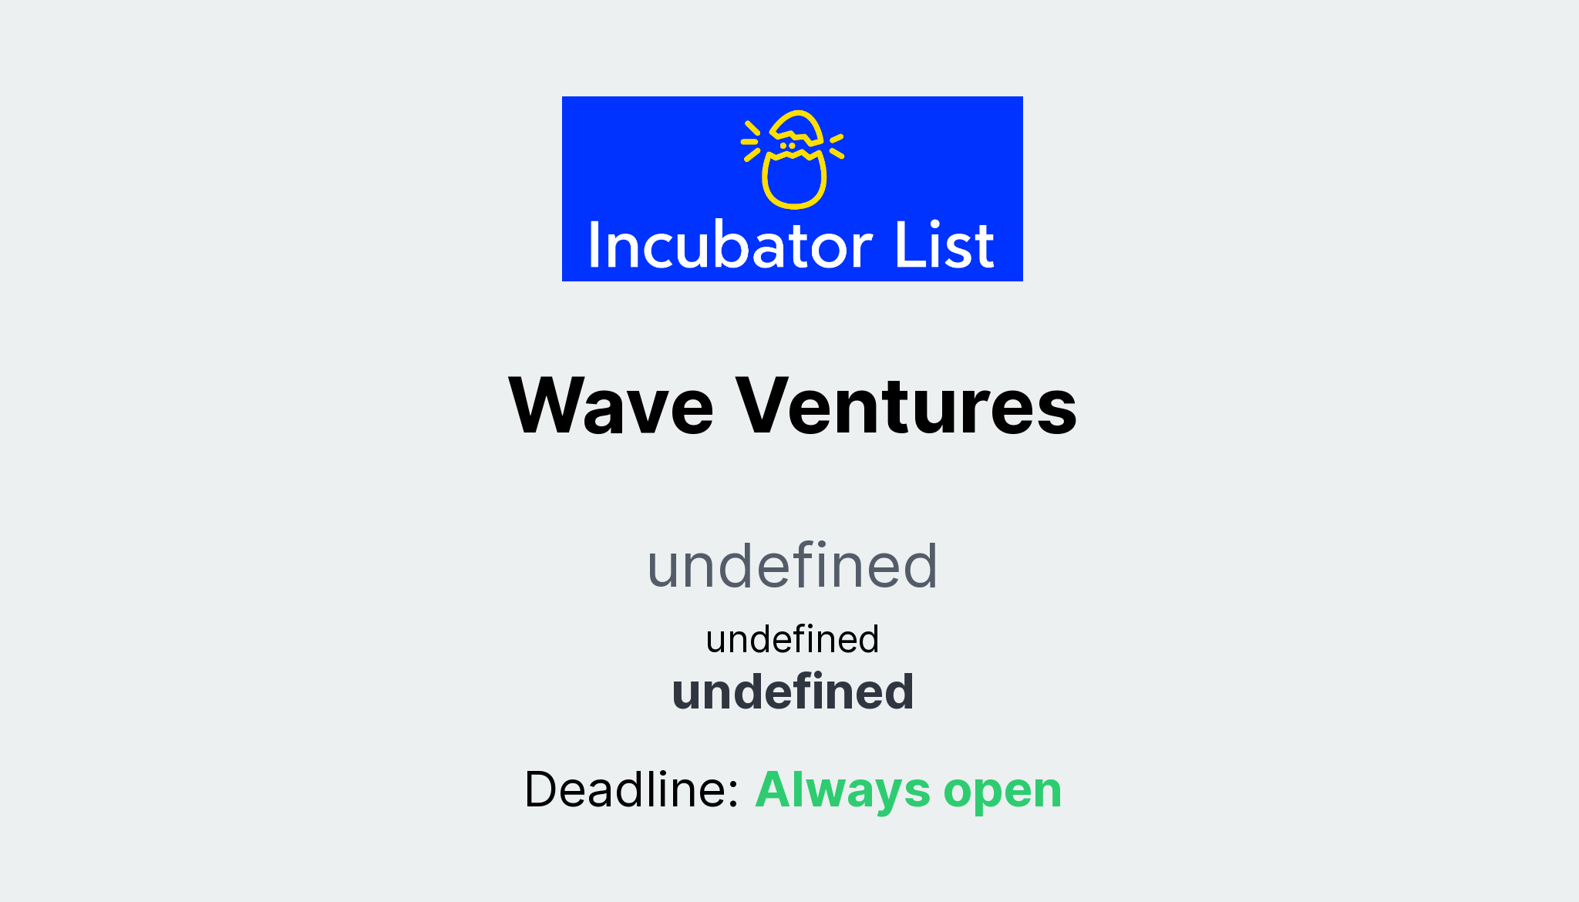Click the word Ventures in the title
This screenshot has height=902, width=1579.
[906, 406]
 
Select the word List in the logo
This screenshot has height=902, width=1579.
[944, 246]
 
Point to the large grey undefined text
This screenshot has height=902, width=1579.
[792, 566]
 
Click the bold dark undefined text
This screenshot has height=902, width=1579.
[793, 692]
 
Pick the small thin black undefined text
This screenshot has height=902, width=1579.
[792, 639]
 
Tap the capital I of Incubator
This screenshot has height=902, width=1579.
[594, 246]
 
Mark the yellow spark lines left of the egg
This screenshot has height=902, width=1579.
[750, 141]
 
